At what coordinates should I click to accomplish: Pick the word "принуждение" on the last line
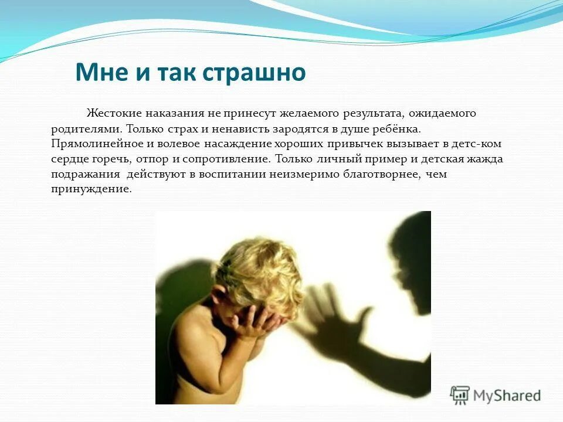pos(90,189)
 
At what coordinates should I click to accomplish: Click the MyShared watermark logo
pos(496,395)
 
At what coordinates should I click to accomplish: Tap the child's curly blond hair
pos(258,270)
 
